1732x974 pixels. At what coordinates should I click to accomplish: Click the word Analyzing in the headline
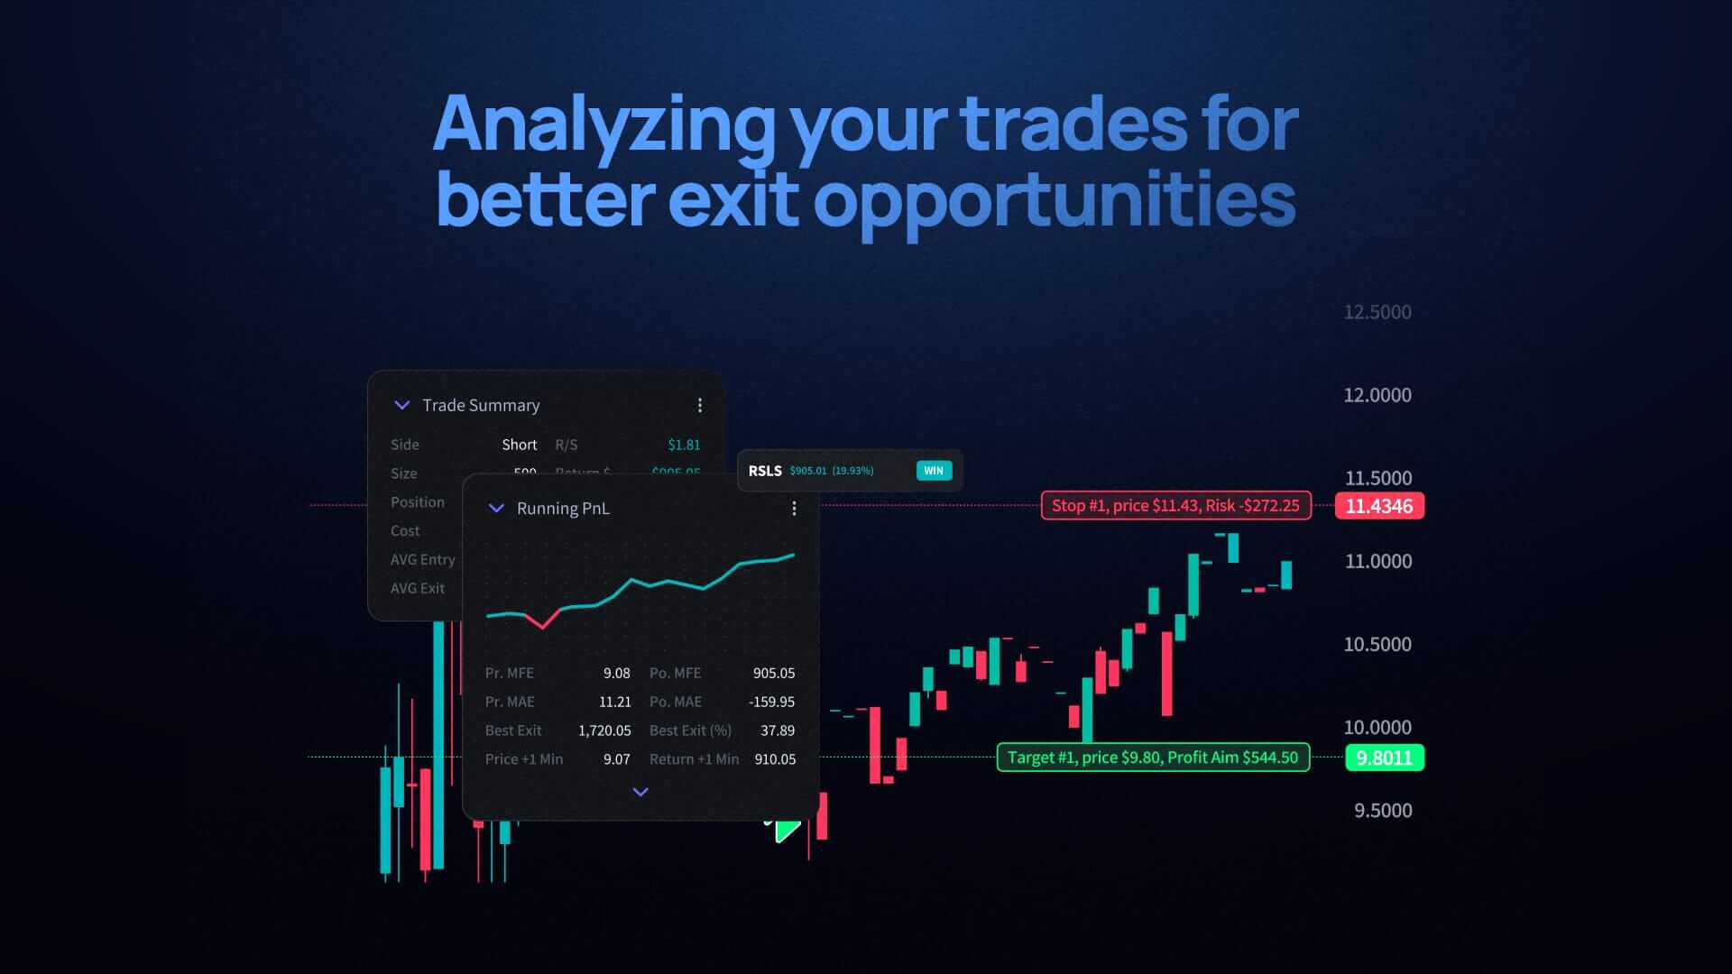[603, 124]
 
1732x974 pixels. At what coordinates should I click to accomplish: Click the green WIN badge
[934, 471]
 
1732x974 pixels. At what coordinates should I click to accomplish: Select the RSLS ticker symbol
[765, 471]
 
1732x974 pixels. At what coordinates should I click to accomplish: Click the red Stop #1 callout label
[1175, 506]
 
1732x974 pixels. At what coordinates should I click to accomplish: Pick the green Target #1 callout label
[1152, 758]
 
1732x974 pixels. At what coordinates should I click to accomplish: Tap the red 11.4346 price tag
[1378, 506]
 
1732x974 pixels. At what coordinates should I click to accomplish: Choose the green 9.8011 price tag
[1384, 758]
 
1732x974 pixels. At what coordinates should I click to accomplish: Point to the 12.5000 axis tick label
[1377, 312]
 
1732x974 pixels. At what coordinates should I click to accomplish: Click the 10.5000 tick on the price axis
[1377, 644]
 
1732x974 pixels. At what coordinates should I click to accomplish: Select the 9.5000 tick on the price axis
[1382, 810]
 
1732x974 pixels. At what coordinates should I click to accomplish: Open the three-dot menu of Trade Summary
[700, 406]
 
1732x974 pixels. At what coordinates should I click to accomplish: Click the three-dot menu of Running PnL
[794, 509]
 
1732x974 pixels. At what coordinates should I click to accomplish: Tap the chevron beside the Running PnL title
[496, 509]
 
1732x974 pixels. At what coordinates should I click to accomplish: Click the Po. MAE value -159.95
[771, 702]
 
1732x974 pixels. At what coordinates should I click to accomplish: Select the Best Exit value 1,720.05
[604, 730]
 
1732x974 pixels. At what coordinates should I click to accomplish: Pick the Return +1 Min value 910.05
[775, 759]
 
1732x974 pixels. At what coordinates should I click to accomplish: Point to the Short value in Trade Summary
[519, 445]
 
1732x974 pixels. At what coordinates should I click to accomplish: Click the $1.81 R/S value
[684, 445]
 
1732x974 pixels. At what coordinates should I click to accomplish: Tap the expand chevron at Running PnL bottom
[640, 792]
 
